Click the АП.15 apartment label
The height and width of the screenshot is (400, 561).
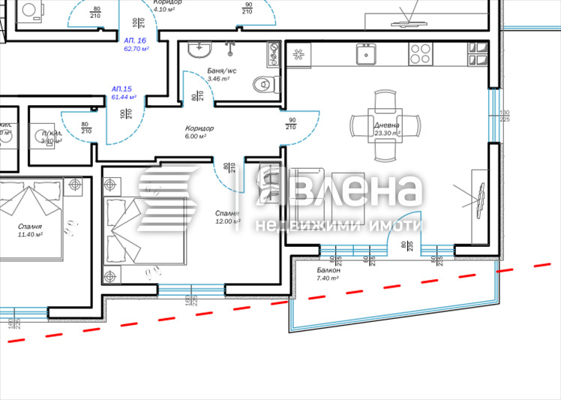pyautogui.click(x=122, y=92)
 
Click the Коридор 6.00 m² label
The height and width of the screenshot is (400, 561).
pyautogui.click(x=199, y=132)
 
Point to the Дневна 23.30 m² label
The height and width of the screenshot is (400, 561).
pyautogui.click(x=387, y=129)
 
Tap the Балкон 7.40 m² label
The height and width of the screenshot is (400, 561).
pyautogui.click(x=328, y=273)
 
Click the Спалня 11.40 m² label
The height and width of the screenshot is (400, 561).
pyautogui.click(x=30, y=230)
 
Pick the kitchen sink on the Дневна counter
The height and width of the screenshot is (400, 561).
pyautogui.click(x=367, y=53)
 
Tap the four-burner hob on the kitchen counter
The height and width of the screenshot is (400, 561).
pyautogui.click(x=420, y=53)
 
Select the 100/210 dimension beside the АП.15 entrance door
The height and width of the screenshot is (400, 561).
pyautogui.click(x=124, y=117)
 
